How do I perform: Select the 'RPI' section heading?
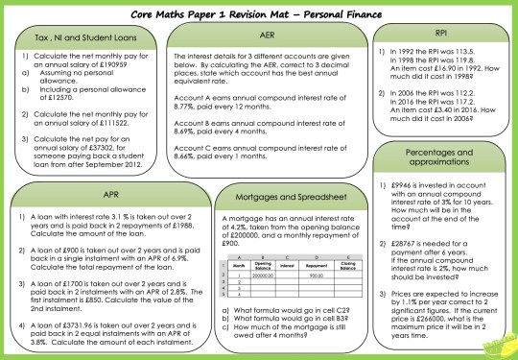(437, 33)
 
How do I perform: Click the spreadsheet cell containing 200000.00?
(265, 274)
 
